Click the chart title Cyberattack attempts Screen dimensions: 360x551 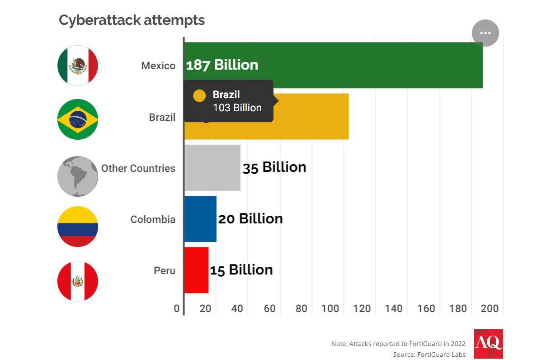tap(132, 20)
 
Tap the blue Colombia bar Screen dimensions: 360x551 tap(200, 219)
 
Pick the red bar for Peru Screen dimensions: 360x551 tap(196, 270)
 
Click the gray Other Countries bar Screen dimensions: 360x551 tap(212, 168)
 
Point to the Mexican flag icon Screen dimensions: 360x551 tap(78, 66)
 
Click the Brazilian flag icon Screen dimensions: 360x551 tap(78, 119)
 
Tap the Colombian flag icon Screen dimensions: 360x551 tap(78, 227)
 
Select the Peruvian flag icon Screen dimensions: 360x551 tap(78, 281)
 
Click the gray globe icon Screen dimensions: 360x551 tap(78, 176)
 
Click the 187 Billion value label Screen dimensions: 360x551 tap(222, 65)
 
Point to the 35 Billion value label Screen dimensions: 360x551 tap(274, 168)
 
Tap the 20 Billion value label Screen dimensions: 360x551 tap(250, 219)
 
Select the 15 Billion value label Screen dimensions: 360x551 tap(241, 270)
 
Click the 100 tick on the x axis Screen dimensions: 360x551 tap(330, 309)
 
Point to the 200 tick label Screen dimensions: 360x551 tap(490, 309)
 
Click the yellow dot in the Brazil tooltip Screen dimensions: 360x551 tap(199, 95)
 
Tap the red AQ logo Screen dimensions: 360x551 tap(488, 344)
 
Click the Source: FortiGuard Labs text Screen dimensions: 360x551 tap(429, 355)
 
